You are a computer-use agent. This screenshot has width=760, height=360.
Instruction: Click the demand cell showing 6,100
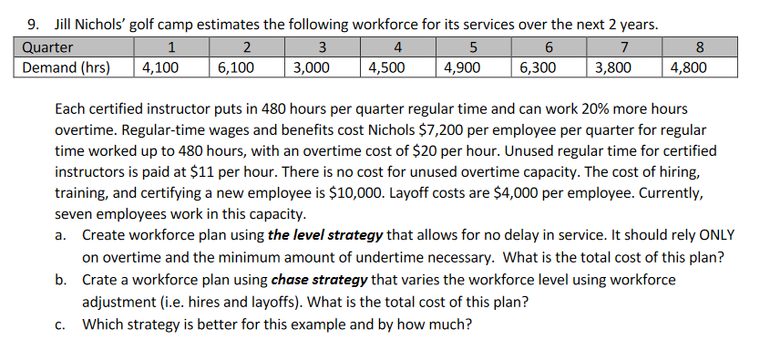coord(235,67)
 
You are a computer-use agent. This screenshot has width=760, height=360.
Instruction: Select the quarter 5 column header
coord(472,47)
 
